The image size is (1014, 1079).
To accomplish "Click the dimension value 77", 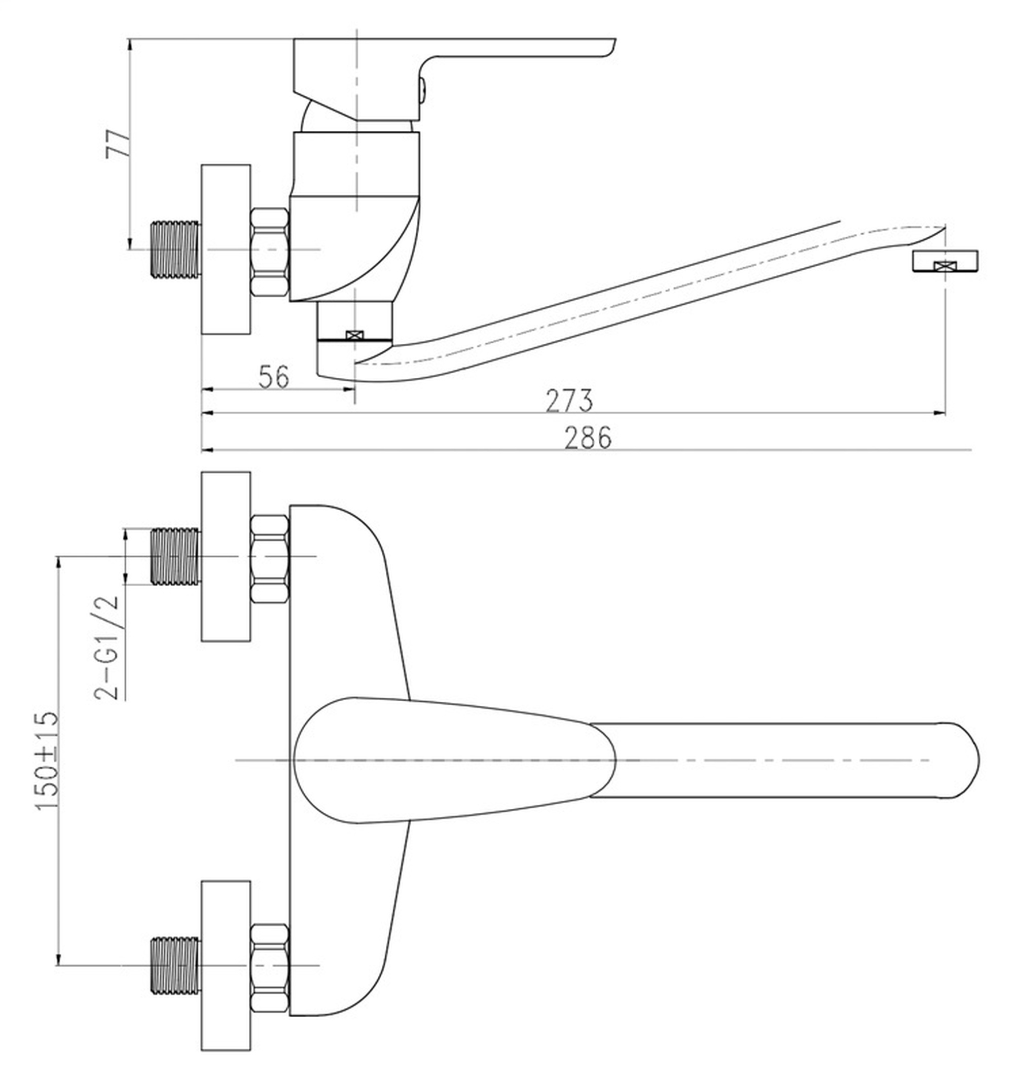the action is [118, 143].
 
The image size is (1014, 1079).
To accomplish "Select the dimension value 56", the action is [274, 377].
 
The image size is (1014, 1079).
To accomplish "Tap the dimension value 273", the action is [569, 401].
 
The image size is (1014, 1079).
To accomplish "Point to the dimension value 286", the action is [588, 438].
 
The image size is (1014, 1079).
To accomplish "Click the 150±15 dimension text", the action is [47, 762].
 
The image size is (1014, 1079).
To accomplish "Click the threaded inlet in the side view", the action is [175, 249].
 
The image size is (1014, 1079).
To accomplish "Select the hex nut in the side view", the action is [270, 252].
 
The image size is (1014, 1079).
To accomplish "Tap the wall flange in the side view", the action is [226, 249].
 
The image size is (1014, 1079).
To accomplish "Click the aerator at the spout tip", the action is [945, 261].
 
